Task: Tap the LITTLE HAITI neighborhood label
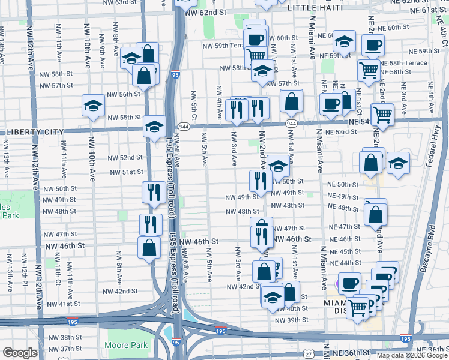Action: pyautogui.click(x=315, y=8)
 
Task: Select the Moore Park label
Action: pyautogui.click(x=125, y=345)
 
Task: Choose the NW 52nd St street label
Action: pyautogui.click(x=125, y=157)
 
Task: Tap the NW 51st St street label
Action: pyautogui.click(x=124, y=172)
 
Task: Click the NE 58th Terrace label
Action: pyautogui.click(x=406, y=63)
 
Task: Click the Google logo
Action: pyautogui.click(x=20, y=353)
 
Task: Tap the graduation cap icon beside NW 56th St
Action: pyautogui.click(x=93, y=106)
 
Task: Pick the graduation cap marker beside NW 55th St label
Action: pyautogui.click(x=154, y=126)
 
